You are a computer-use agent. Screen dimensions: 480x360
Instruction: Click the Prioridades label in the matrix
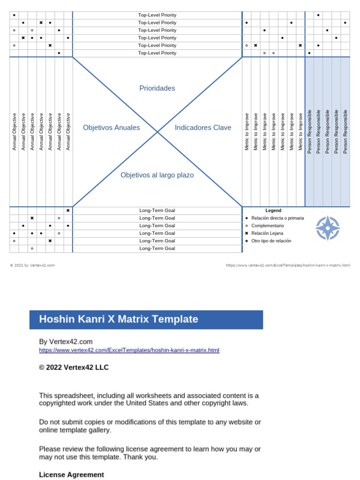157,88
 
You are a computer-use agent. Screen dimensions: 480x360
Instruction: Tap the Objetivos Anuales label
112,127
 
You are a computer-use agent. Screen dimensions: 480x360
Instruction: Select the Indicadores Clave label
203,127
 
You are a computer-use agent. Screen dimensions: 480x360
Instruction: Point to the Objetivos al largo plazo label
157,175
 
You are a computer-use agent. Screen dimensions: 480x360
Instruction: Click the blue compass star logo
327,228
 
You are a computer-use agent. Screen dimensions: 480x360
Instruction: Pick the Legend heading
273,210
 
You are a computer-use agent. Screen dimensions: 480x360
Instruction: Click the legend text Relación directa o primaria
277,218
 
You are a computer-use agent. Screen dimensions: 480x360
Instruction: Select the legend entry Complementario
268,225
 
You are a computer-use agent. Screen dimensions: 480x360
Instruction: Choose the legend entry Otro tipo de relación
271,240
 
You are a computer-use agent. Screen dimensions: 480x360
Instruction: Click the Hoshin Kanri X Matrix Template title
119,319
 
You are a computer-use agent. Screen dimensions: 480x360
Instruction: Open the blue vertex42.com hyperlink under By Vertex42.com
129,350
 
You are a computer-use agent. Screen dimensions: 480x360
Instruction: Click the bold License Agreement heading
71,474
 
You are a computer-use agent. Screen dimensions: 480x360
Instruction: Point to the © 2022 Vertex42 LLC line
74,367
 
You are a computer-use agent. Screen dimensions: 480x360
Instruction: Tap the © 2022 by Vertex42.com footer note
32,265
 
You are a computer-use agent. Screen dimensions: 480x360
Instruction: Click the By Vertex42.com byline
66,342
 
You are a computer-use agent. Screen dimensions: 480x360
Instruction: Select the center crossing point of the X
157,132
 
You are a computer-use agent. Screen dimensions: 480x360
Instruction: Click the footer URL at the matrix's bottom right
288,265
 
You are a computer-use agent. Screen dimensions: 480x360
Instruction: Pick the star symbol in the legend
247,240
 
